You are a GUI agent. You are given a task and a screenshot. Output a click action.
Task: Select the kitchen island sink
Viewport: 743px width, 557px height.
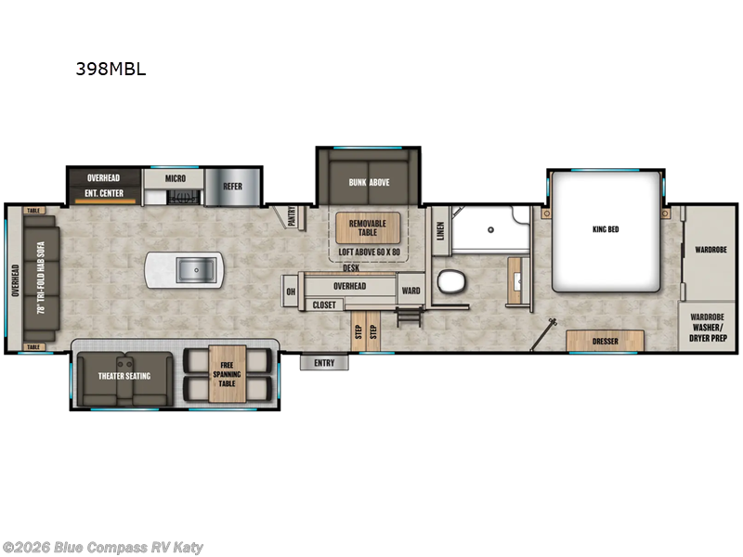click(196, 270)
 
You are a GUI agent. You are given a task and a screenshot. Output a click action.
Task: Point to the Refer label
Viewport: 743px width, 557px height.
click(232, 187)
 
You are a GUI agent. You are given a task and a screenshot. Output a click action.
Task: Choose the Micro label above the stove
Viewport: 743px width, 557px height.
click(176, 178)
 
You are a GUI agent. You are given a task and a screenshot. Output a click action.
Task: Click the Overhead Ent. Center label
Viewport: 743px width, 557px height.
click(104, 184)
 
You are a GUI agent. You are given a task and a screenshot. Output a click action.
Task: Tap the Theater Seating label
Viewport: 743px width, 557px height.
click(124, 376)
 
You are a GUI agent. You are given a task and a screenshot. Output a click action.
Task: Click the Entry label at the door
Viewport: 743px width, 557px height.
click(324, 363)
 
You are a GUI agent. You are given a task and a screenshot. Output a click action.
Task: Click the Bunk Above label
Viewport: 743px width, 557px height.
click(369, 182)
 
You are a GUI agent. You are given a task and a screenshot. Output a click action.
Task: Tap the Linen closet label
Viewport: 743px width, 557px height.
click(441, 228)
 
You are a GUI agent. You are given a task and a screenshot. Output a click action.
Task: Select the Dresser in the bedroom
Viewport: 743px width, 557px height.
click(606, 341)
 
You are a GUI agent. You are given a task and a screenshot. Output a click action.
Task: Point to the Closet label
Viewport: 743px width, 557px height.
click(324, 304)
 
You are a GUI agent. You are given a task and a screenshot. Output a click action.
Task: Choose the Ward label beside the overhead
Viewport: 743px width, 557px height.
click(411, 291)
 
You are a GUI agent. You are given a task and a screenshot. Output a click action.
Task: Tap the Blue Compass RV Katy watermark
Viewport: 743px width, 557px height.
click(102, 548)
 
